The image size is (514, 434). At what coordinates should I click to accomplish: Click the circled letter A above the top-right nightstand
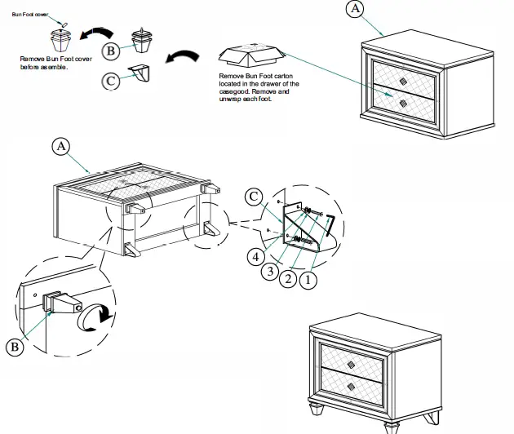354,9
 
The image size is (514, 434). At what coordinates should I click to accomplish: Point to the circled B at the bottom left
16,347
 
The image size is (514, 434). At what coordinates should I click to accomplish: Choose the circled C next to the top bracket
111,80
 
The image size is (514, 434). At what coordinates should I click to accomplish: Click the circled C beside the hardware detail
255,197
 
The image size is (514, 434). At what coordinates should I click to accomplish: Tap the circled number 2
287,280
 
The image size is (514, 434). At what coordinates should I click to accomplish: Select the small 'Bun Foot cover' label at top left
30,15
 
